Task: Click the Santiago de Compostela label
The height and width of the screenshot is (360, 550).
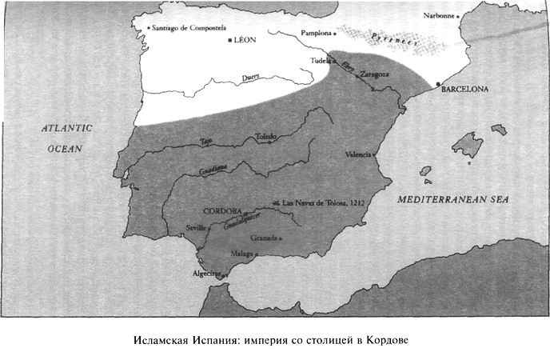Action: [196, 28]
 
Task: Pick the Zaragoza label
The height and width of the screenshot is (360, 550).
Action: [376, 75]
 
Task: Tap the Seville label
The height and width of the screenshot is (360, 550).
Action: [196, 227]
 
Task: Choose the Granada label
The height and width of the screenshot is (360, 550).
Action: [263, 238]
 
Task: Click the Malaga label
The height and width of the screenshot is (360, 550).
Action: [241, 254]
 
